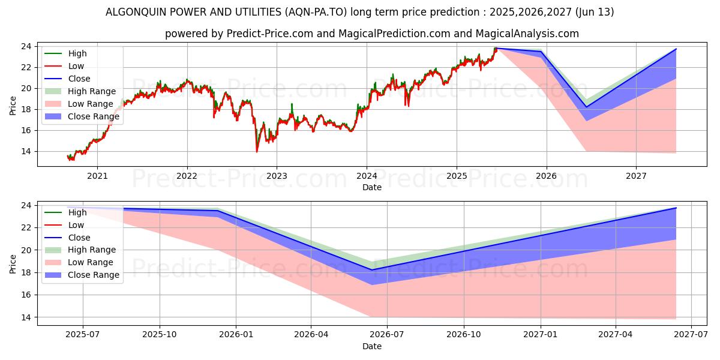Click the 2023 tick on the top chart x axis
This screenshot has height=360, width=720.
pos(277,176)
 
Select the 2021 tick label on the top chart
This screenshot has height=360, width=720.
pos(97,176)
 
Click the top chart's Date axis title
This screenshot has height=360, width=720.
pos(371,187)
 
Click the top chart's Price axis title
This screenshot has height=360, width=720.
pos(13,106)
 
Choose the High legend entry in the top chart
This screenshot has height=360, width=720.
pos(77,53)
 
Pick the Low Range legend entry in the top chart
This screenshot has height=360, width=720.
pos(89,104)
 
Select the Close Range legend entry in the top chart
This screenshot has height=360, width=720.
pos(93,116)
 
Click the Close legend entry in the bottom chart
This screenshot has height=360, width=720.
pos(79,238)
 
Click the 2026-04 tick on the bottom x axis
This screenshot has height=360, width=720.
pos(311,335)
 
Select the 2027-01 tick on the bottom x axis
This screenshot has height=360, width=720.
pos(541,335)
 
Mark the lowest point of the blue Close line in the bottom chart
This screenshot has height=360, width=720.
pos(372,270)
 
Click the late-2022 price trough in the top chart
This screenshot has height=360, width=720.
pos(257,151)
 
